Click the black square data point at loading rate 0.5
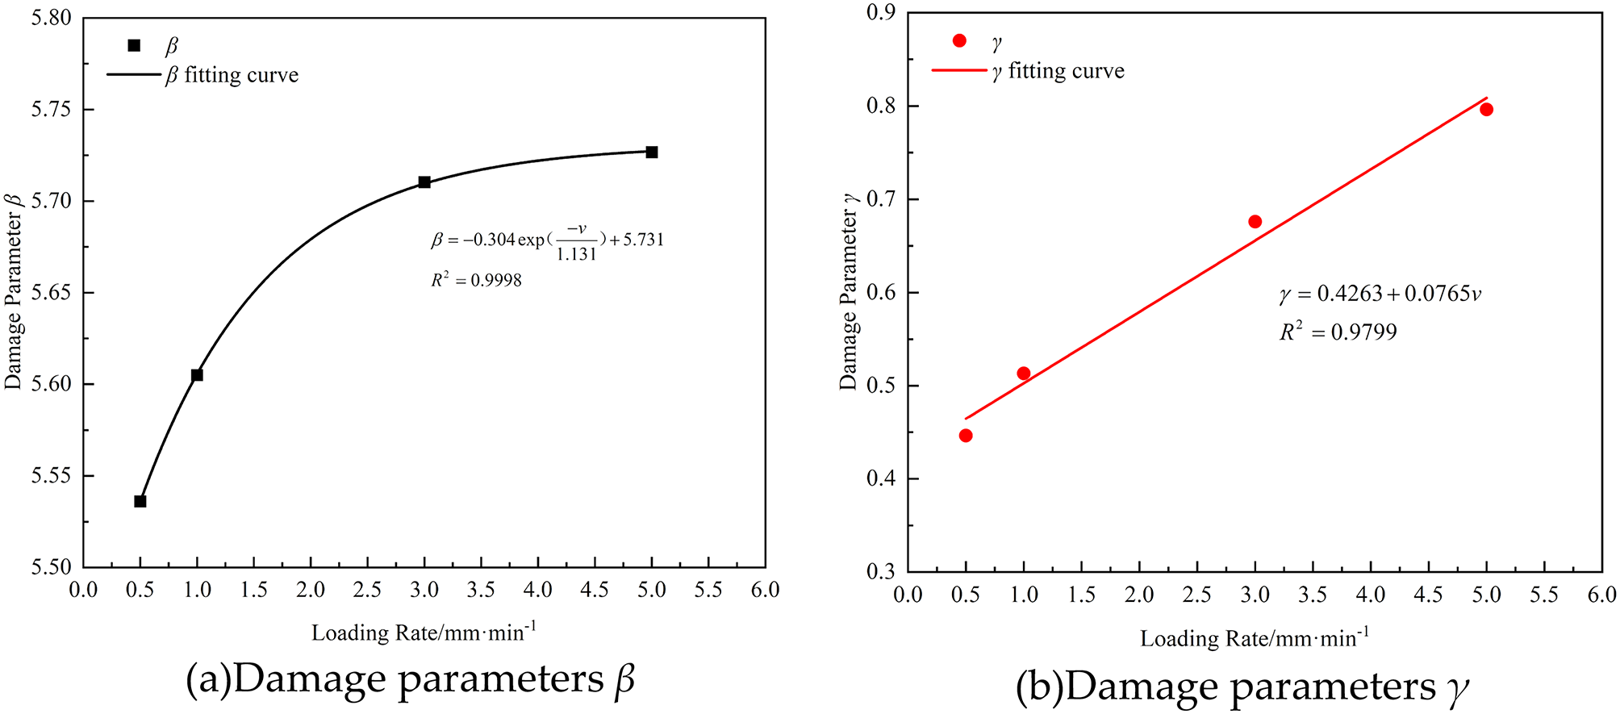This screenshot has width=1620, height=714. [140, 501]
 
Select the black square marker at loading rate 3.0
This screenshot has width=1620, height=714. [424, 182]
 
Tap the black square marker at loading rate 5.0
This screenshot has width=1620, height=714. [652, 152]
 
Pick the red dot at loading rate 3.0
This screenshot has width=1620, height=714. [1255, 222]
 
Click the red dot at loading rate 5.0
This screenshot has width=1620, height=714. [1487, 110]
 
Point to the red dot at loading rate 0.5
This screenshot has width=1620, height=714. [966, 436]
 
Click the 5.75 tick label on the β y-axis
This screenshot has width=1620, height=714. [51, 109]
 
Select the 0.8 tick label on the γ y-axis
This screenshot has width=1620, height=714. [882, 106]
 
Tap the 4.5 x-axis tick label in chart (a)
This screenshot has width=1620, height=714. [595, 590]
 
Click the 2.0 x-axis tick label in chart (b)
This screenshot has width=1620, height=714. [1139, 595]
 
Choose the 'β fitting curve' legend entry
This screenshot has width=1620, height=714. [232, 75]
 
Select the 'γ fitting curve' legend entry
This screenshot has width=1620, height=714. [1058, 71]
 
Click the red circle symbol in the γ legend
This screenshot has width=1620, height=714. [959, 40]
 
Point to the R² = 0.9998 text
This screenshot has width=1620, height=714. [477, 280]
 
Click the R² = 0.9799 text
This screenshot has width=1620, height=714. [1338, 332]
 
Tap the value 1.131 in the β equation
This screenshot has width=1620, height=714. [576, 254]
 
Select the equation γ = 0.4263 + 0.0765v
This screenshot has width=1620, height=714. [1380, 294]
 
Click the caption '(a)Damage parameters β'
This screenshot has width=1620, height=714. [410, 679]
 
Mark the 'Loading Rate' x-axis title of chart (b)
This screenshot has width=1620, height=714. [1255, 639]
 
